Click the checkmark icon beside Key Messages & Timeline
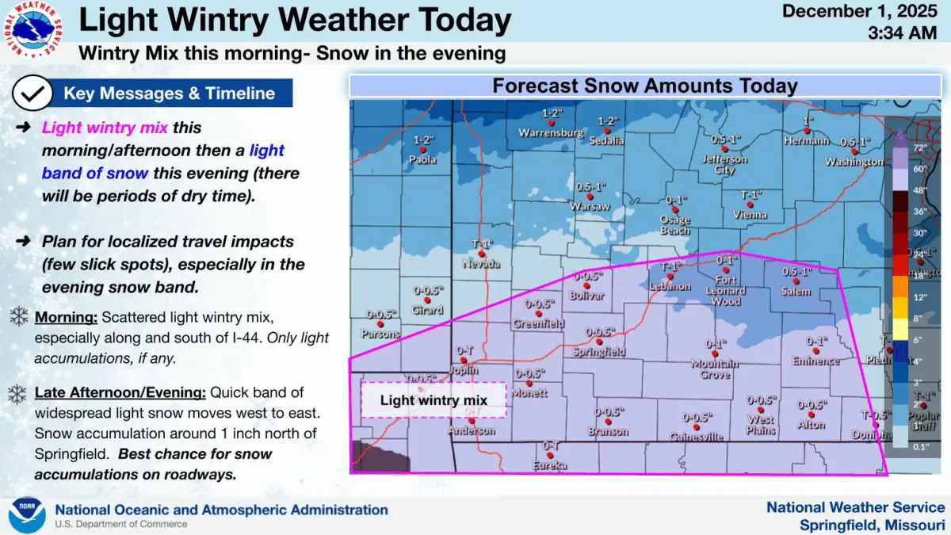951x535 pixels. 32,94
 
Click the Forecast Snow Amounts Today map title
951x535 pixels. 644,86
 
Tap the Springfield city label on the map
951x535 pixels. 599,351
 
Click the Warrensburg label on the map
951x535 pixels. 552,133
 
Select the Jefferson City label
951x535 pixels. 724,164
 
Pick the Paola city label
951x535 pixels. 424,159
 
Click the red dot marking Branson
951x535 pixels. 608,422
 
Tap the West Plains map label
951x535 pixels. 761,426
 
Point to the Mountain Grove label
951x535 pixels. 715,369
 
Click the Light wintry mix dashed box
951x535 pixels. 433,400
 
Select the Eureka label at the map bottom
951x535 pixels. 550,466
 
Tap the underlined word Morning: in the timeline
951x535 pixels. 67,318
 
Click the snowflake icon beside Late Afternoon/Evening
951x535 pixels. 18,393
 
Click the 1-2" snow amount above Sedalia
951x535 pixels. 607,121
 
